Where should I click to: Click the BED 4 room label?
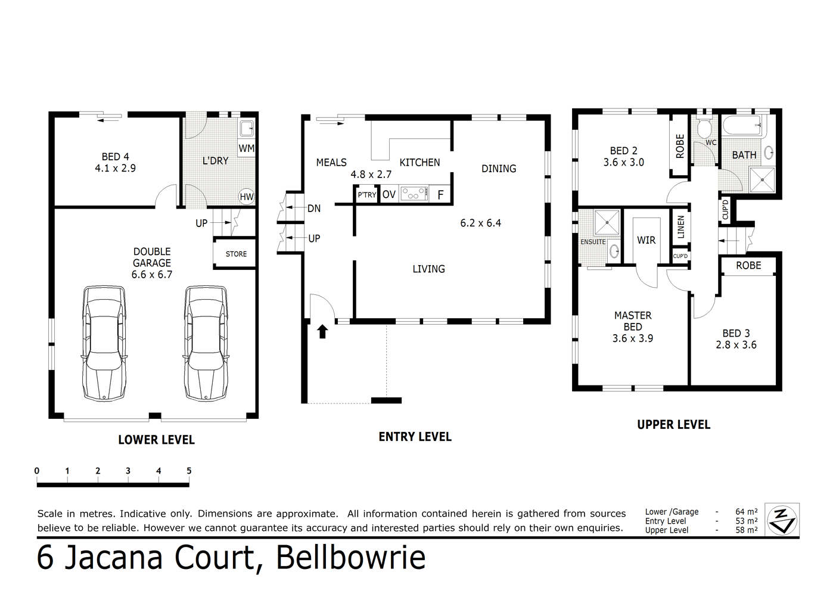[x=115, y=157]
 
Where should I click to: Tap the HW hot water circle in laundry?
[x=246, y=197]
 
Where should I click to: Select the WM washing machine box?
[x=246, y=148]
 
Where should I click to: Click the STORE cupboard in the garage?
[x=235, y=254]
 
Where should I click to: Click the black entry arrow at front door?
[x=322, y=331]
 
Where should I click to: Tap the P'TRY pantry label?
[x=366, y=195]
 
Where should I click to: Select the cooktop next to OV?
[x=414, y=194]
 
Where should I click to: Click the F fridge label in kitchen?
[x=440, y=195]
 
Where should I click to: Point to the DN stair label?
[x=314, y=209]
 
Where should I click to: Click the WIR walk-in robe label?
[x=646, y=240]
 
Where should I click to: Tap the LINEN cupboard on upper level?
[x=680, y=227]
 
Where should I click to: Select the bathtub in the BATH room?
[x=743, y=126]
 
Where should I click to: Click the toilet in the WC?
[x=704, y=128]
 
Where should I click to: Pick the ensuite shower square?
[x=607, y=223]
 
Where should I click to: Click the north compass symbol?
[x=781, y=520]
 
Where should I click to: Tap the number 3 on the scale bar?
[x=128, y=471]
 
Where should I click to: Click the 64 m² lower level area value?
[x=746, y=512]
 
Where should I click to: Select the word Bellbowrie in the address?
[x=351, y=558]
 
